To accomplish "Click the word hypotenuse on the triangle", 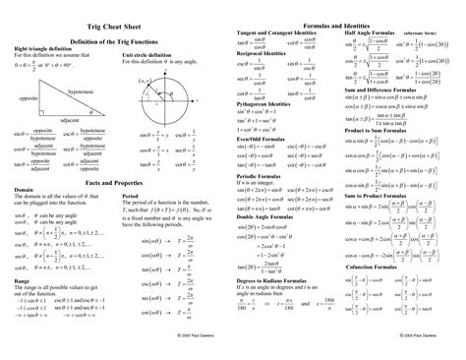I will [78, 90].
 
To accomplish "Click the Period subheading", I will [130, 195].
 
